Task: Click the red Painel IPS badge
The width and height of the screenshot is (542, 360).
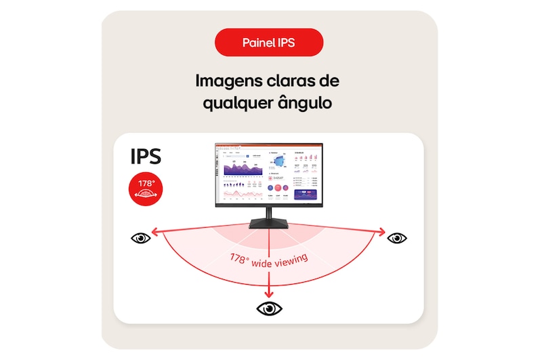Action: pyautogui.click(x=269, y=43)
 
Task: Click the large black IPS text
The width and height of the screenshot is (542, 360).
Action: pyautogui.click(x=146, y=157)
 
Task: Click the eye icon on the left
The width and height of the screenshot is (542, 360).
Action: pyautogui.click(x=141, y=238)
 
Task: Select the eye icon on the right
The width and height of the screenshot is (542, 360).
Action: pyautogui.click(x=396, y=237)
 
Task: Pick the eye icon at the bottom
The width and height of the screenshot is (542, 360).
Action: pyautogui.click(x=270, y=308)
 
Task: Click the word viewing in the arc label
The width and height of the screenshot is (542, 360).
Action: pyautogui.click(x=291, y=258)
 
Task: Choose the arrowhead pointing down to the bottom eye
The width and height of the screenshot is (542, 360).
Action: pyautogui.click(x=270, y=293)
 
